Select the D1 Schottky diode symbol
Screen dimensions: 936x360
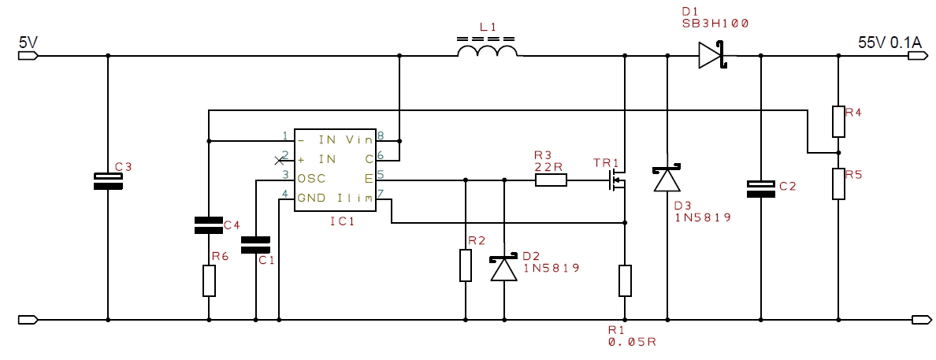pos(711,55)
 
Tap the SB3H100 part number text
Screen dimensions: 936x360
pos(715,24)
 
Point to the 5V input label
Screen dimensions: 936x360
pos(28,43)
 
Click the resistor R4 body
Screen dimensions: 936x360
pos(838,122)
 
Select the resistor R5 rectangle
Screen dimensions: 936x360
pos(838,184)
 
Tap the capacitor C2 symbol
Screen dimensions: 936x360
pos(761,189)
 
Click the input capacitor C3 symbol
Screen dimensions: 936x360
pos(108,180)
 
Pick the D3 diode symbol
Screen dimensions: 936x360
pos(667,177)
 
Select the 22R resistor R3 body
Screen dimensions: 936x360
pos(551,180)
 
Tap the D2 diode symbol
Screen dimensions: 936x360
pos(503,268)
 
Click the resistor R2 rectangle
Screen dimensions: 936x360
pos(465,265)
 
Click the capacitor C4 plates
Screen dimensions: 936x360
pos(208,225)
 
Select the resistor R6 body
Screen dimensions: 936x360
pos(208,280)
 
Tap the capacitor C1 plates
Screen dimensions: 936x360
pos(255,245)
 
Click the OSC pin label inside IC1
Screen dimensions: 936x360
pos(311,177)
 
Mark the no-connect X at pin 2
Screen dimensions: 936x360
pos(278,160)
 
